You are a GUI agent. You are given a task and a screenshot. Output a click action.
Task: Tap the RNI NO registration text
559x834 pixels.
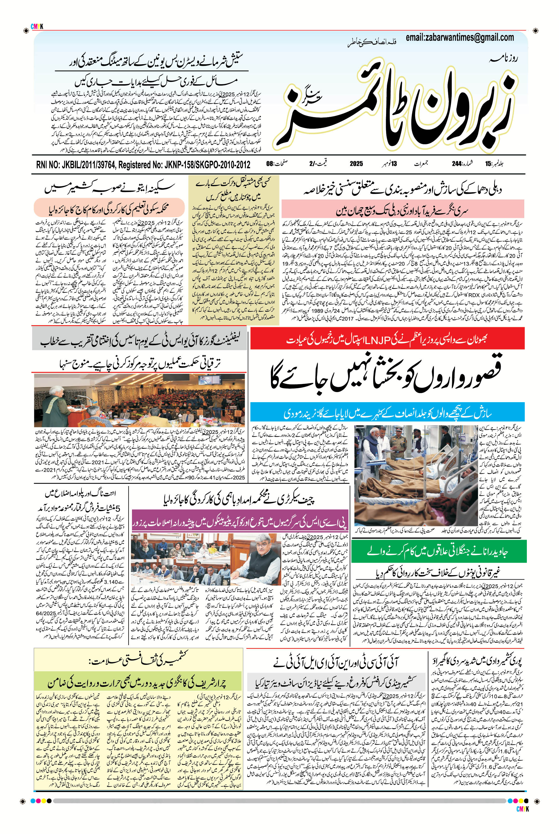143,165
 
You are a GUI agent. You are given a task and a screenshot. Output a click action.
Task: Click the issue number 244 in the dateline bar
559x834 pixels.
457,164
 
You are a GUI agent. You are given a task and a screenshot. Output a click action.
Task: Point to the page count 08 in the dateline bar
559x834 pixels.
270,164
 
